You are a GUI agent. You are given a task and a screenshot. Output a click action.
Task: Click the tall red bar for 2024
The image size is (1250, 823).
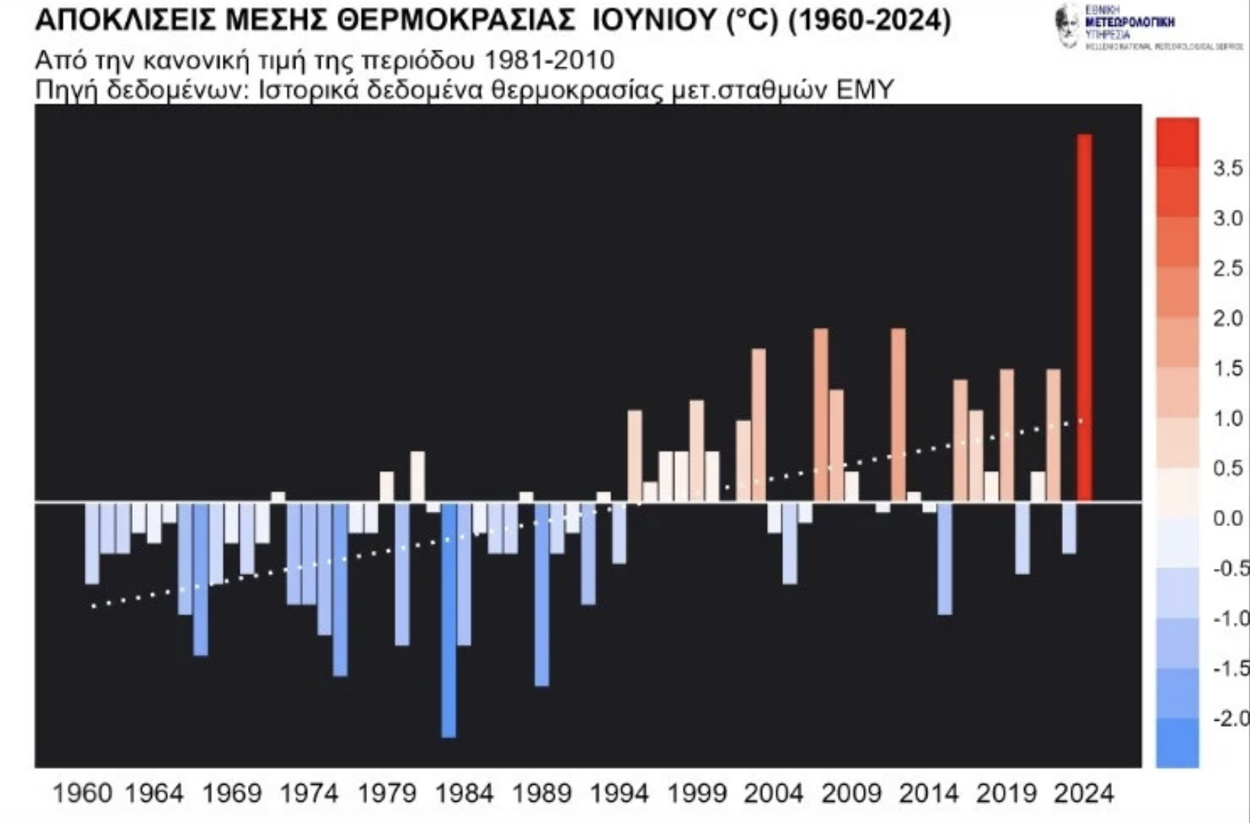point(1084,317)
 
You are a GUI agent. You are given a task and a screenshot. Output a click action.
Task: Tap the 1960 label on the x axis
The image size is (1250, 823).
point(82,794)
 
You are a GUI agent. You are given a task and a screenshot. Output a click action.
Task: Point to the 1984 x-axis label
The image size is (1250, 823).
point(464,794)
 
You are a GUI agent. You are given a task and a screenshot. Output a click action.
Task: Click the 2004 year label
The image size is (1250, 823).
point(773,794)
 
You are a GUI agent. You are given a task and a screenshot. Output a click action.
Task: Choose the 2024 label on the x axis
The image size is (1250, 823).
point(1084,794)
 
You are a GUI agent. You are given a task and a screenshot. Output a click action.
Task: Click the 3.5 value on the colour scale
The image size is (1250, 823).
point(1228,168)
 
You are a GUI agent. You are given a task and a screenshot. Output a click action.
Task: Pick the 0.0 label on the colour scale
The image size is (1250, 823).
point(1228,519)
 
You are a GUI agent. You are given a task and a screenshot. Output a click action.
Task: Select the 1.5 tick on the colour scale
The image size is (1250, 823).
point(1228,369)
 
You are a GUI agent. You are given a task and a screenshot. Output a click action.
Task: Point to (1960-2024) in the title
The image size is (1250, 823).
point(868,21)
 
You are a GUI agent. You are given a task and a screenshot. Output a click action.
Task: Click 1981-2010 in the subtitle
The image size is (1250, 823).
point(549,60)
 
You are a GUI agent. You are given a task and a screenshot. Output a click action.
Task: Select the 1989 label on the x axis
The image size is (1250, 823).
point(541,794)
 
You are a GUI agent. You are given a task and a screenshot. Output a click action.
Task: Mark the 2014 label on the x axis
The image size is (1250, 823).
point(929,794)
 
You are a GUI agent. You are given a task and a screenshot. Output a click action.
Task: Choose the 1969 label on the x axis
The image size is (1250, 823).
point(231,794)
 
